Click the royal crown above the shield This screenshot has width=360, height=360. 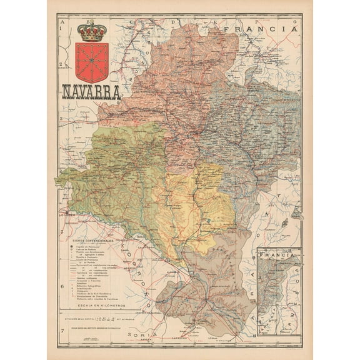click(x=91, y=31)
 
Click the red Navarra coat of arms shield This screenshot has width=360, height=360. click(x=91, y=61)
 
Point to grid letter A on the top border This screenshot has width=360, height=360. click(x=62, y=21)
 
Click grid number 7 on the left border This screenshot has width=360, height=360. click(x=62, y=338)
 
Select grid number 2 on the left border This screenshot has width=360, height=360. click(x=62, y=64)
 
